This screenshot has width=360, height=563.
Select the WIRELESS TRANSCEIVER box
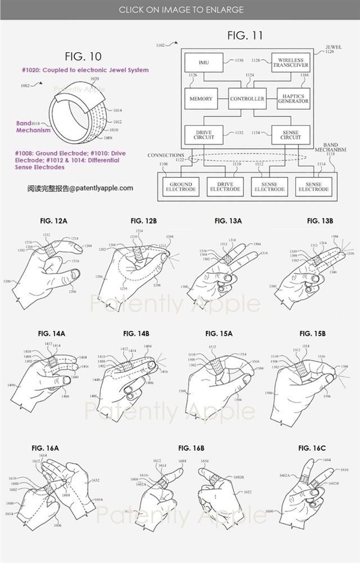(290, 61)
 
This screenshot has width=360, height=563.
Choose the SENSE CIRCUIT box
(290, 134)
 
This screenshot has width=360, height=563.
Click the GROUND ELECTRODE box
(181, 186)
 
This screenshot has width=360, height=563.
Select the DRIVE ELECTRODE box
(224, 186)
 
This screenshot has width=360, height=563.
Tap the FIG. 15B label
(308, 333)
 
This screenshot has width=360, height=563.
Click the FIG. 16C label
(311, 448)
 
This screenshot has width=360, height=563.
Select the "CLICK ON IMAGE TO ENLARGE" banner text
(181, 10)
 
